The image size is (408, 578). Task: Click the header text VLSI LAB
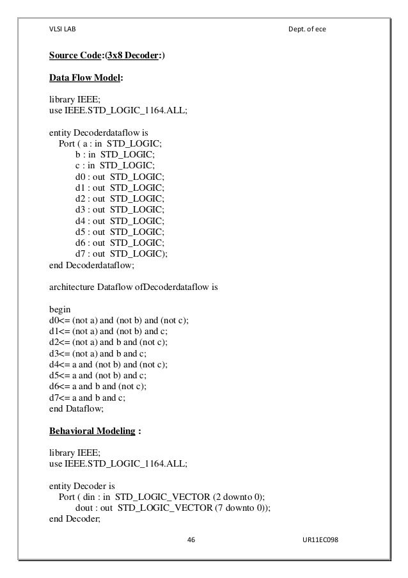pos(62,29)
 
